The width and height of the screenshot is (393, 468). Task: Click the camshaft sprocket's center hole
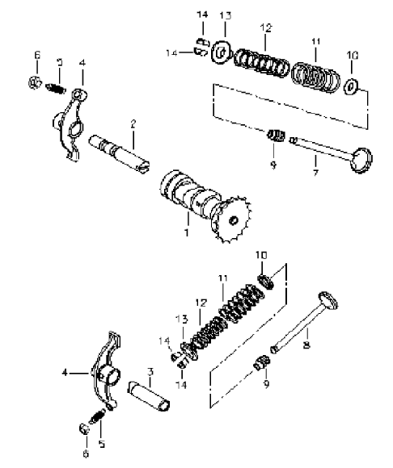point(233,220)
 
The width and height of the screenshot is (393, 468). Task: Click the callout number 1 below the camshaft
point(187,232)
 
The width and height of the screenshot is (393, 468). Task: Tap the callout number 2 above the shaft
point(133,123)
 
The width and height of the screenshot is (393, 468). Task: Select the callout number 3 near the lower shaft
point(150,372)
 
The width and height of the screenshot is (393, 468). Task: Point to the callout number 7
point(316,172)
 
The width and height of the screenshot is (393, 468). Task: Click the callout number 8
point(306,345)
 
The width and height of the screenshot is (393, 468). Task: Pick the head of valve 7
point(362,159)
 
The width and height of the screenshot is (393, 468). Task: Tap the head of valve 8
point(327,300)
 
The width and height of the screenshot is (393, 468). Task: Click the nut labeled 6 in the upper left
point(35,82)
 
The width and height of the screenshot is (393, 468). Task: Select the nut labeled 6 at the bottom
point(84,429)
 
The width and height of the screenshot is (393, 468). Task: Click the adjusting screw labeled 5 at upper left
point(55,89)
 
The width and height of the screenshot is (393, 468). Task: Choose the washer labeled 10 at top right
point(350,86)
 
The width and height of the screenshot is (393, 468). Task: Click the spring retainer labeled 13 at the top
point(222,52)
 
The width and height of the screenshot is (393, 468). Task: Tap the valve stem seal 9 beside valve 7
point(276,136)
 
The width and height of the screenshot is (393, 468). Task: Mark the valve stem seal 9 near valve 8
point(262,361)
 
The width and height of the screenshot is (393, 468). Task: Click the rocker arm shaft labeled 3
point(150,395)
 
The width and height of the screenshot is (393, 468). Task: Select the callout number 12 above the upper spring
point(266,27)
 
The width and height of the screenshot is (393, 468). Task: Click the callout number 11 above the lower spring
point(223,278)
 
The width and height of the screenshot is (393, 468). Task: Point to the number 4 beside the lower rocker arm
point(65,373)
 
